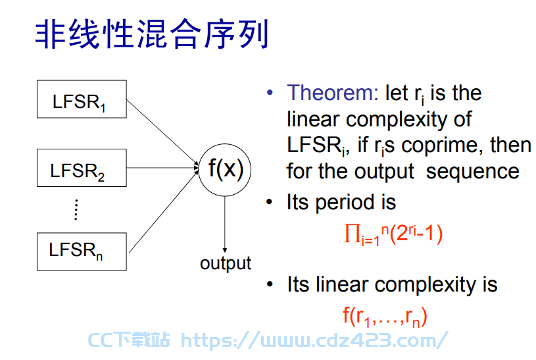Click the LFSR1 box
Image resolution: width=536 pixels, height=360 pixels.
click(x=82, y=99)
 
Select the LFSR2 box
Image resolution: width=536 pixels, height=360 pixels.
click(x=82, y=168)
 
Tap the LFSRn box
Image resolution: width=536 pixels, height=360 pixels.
click(x=82, y=251)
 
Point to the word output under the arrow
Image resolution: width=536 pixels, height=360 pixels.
click(x=226, y=264)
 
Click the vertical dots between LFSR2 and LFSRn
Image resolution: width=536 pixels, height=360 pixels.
click(x=76, y=209)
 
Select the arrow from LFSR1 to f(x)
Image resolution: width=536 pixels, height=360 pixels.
click(x=162, y=132)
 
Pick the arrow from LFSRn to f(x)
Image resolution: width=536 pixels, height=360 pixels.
click(x=164, y=211)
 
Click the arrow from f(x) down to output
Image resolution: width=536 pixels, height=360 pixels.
click(x=224, y=224)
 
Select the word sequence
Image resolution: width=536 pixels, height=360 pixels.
click(x=473, y=172)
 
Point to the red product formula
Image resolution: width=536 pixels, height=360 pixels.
click(x=393, y=235)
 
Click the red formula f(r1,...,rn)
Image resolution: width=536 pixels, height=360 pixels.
click(x=385, y=317)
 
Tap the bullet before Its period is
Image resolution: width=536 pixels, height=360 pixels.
click(x=270, y=202)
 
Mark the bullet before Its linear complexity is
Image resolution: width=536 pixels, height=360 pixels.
click(x=270, y=284)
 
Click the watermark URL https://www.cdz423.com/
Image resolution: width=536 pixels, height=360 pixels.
click(x=314, y=340)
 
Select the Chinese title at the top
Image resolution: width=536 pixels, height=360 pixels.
click(x=152, y=34)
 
